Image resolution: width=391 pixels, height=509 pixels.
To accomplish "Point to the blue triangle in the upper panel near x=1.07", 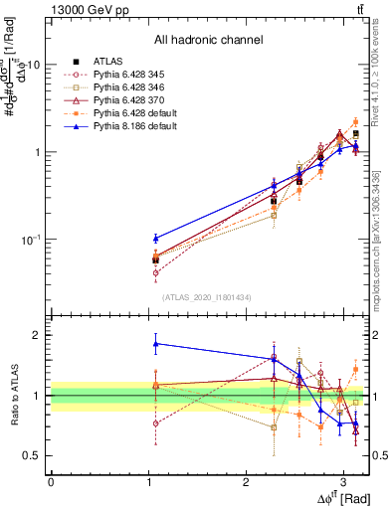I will [x=155, y=238].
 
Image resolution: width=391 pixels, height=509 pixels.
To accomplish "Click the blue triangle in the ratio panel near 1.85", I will [x=155, y=344].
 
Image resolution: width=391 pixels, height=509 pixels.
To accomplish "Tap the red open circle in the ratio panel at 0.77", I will [x=155, y=423].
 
